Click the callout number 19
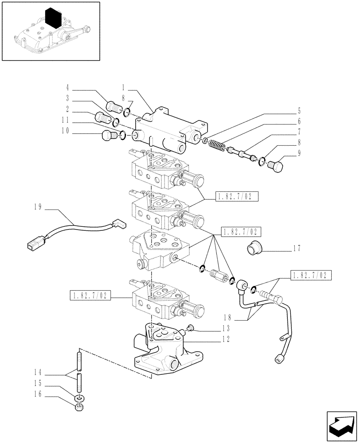coord(38,206)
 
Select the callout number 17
coord(297,248)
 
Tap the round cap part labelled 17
coord(254,246)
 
